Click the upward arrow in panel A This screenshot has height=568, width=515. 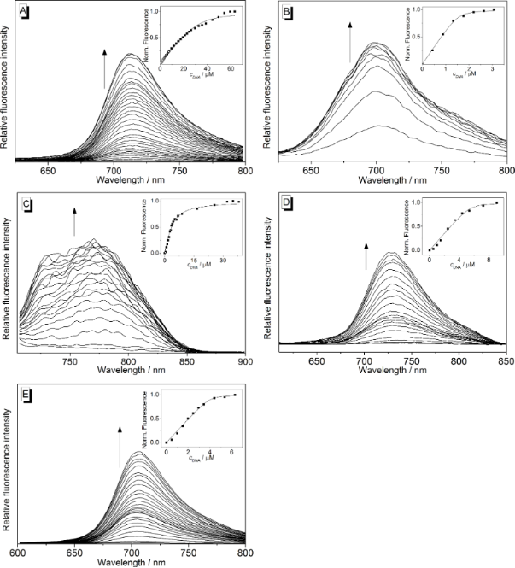tap(105, 68)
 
